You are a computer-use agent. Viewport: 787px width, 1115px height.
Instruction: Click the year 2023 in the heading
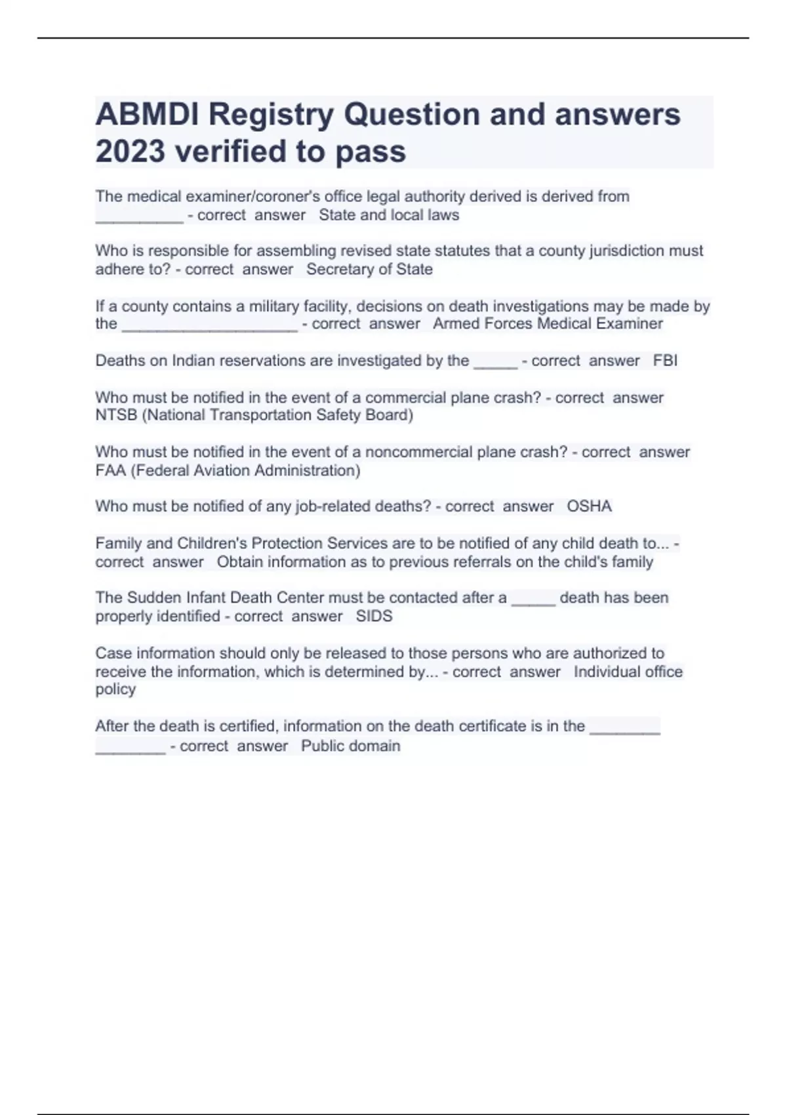[x=130, y=152]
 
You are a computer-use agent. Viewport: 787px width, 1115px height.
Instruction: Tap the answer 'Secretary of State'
[x=369, y=270]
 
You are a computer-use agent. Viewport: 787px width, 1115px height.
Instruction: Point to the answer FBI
[x=665, y=361]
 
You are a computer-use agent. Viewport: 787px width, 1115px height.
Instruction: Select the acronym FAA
[x=111, y=470]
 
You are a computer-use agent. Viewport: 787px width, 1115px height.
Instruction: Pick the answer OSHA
[x=589, y=506]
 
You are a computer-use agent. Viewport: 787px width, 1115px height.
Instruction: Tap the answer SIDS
[x=374, y=617]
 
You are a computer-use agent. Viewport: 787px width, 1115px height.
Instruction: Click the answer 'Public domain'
[x=350, y=746]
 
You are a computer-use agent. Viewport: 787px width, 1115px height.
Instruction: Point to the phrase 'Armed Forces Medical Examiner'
[x=548, y=324]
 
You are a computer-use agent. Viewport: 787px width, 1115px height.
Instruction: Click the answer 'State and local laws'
[x=389, y=215]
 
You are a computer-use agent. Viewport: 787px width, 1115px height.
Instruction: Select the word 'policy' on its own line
[x=115, y=689]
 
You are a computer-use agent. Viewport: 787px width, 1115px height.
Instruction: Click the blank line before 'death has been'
[x=533, y=599]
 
